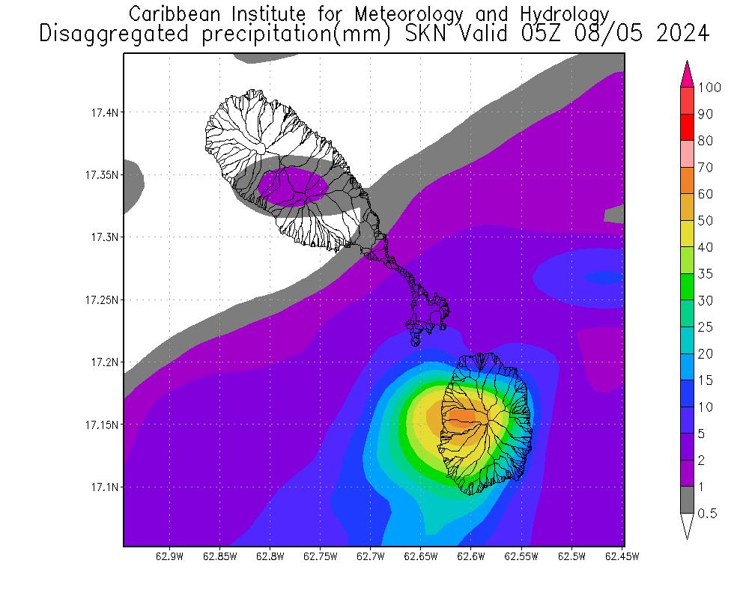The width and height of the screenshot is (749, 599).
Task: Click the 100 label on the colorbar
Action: pyautogui.click(x=709, y=88)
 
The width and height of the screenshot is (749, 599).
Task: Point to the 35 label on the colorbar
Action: pyautogui.click(x=705, y=274)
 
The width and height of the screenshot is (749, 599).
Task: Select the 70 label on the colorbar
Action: pyautogui.click(x=705, y=168)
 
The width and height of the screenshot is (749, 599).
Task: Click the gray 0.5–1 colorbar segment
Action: pyautogui.click(x=687, y=500)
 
